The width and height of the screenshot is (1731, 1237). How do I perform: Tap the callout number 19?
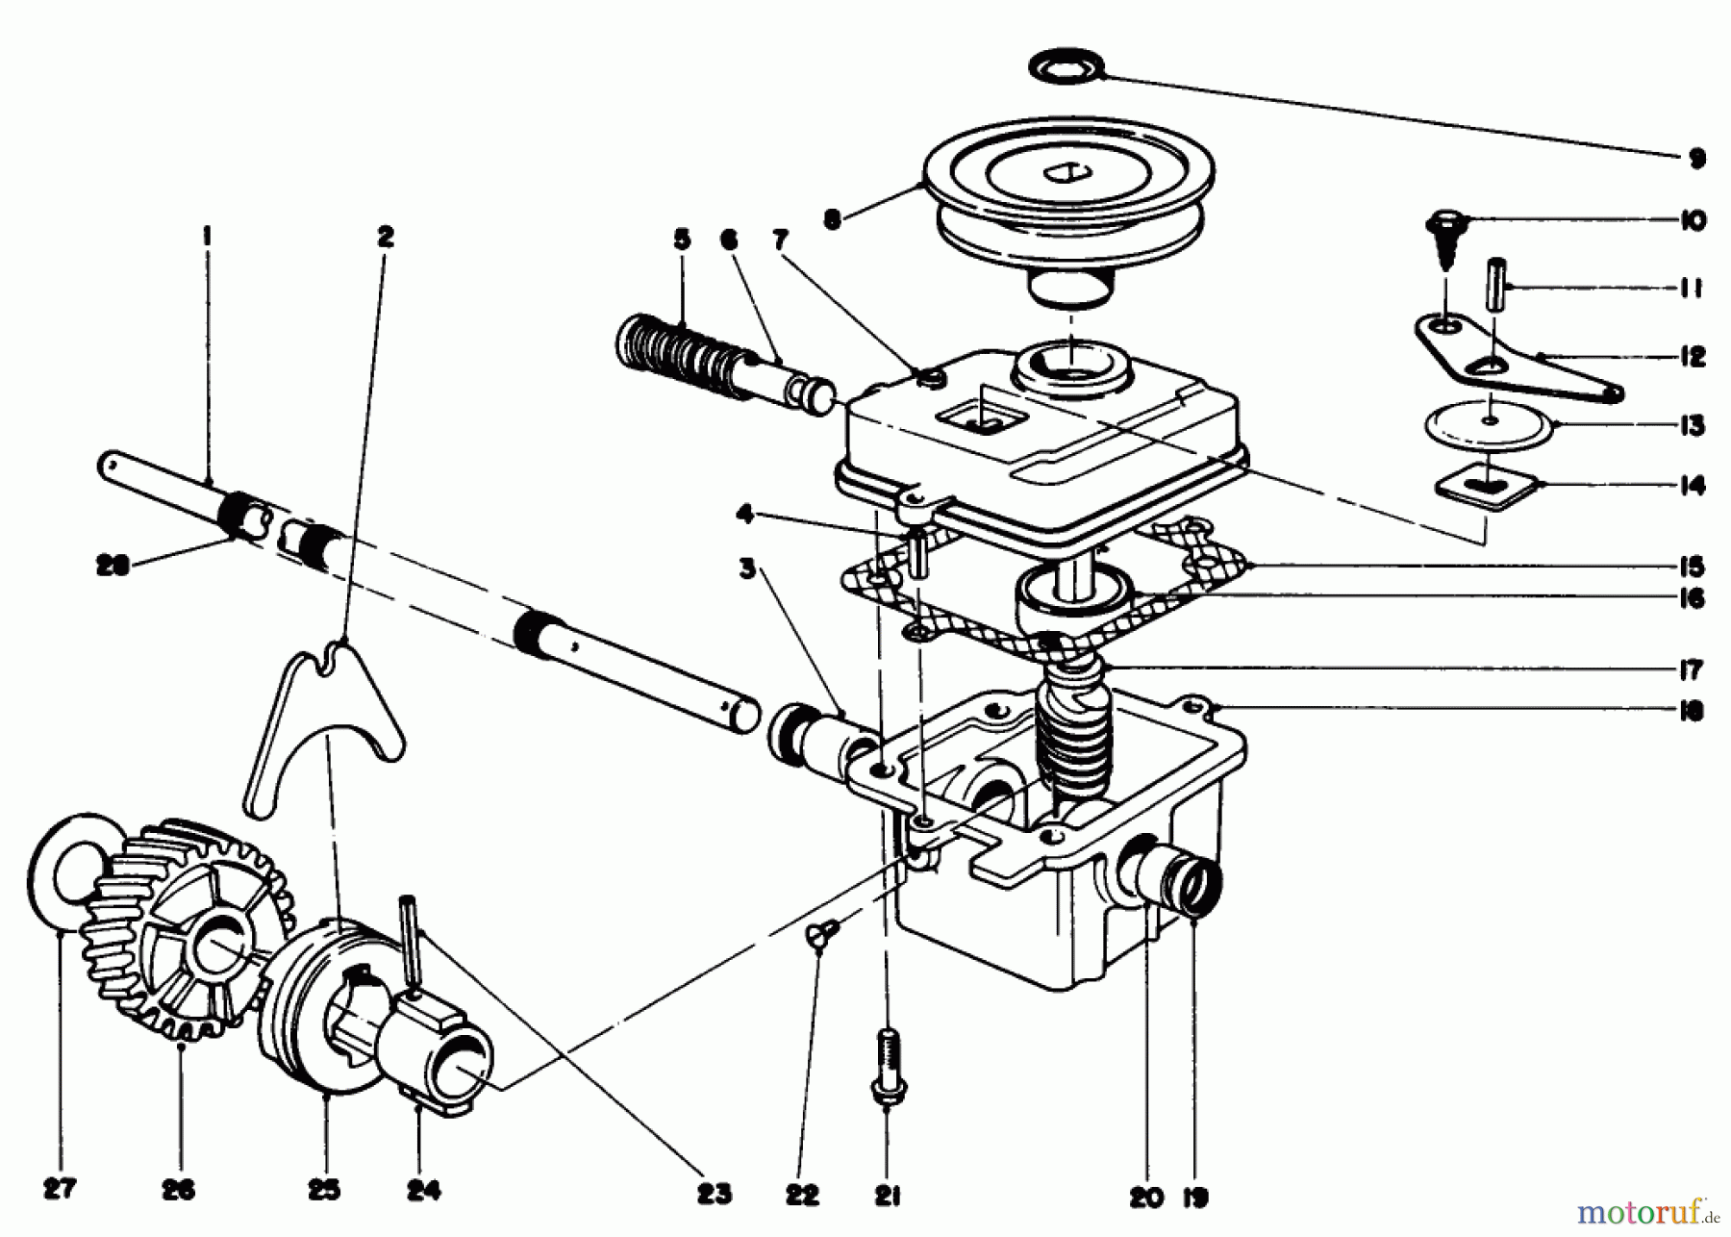pos(1194,1198)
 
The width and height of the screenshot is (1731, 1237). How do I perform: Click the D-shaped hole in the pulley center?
pos(1066,174)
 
